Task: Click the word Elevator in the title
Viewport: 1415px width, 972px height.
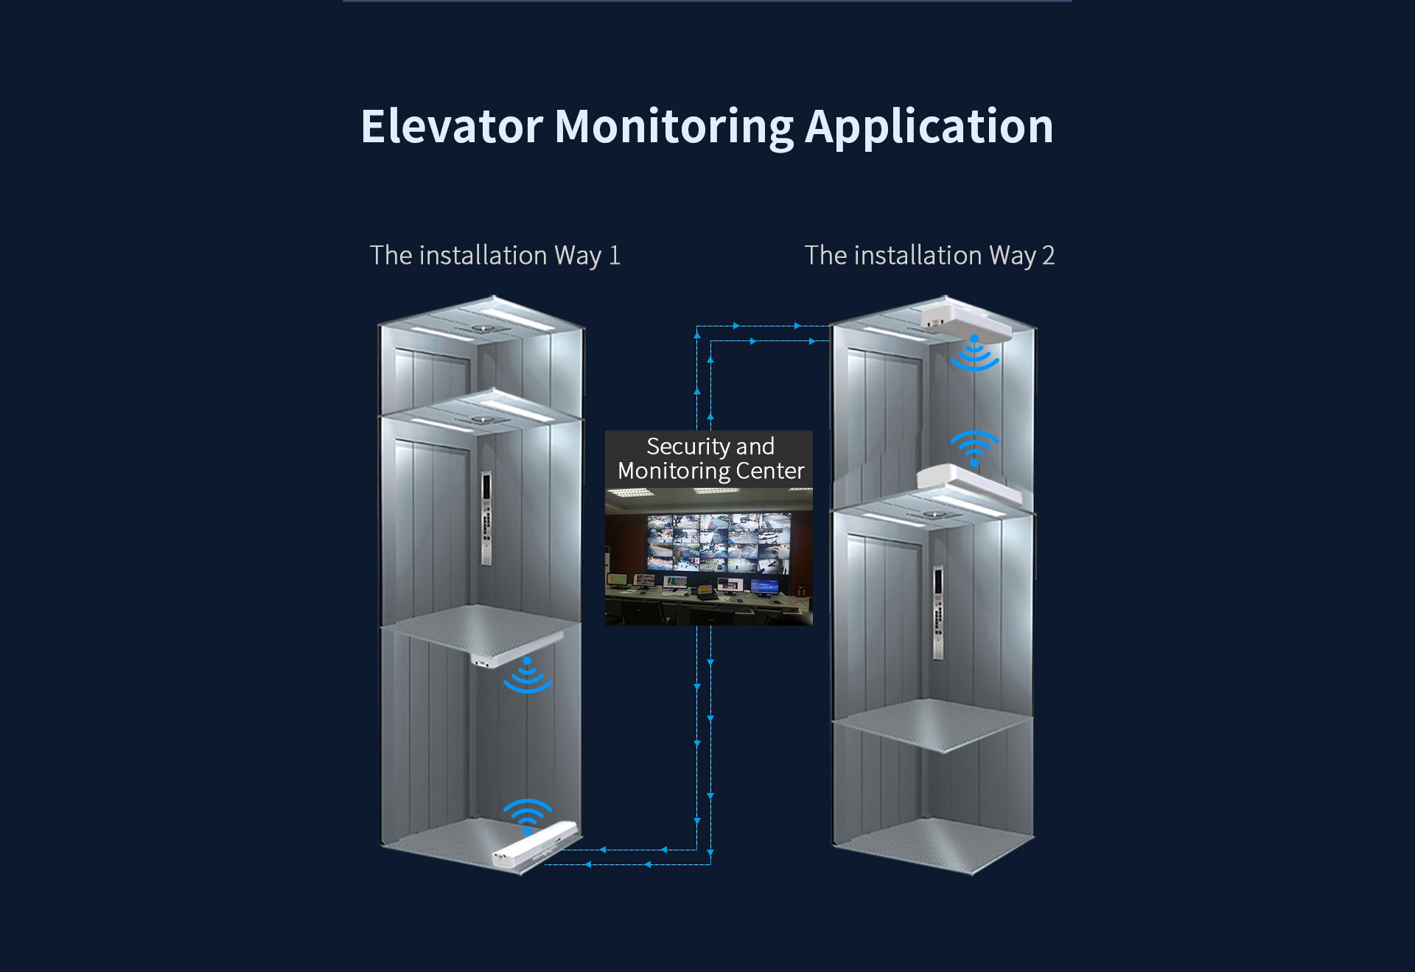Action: coord(452,127)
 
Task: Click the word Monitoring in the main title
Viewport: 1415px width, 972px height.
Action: coord(674,127)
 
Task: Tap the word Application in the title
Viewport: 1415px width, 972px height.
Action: coord(929,127)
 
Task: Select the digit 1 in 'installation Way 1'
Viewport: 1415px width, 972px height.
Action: coord(614,256)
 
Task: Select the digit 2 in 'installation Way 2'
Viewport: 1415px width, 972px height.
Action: coord(1048,256)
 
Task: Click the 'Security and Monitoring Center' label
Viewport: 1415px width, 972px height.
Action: coord(710,458)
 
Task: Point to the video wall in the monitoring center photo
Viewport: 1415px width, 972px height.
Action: coord(718,542)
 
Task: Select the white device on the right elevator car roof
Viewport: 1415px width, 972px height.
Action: coord(969,483)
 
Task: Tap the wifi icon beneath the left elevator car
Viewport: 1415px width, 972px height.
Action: coord(528,676)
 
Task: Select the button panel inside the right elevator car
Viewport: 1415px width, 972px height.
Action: coord(938,612)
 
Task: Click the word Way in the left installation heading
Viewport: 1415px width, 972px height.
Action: coord(578,256)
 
